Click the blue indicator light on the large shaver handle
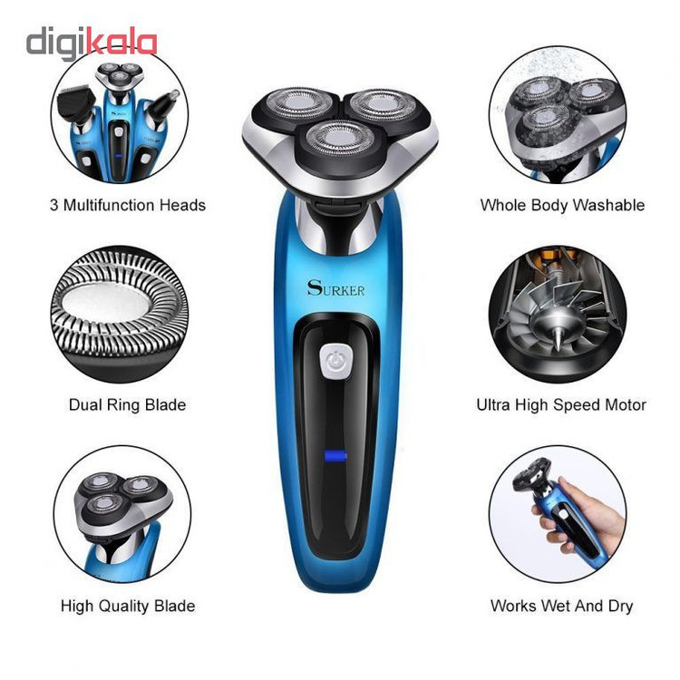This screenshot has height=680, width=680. click(335, 456)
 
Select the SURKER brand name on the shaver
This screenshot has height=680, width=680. click(336, 288)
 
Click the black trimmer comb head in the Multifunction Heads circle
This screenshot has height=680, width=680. click(77, 101)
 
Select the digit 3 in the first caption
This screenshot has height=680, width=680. click(54, 206)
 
